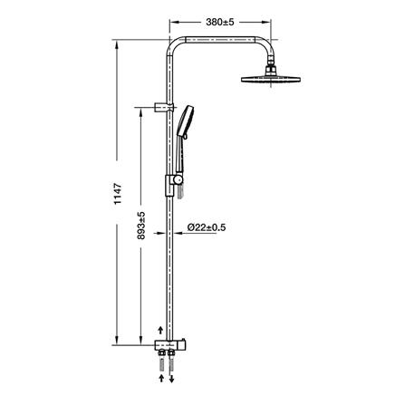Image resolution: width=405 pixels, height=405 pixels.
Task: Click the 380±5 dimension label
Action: pos(220,22)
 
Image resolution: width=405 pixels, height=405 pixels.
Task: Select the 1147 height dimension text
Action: pos(118,194)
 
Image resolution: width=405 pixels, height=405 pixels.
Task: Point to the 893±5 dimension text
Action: pos(141,226)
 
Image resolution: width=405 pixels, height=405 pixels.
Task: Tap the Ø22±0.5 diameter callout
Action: pos(207,227)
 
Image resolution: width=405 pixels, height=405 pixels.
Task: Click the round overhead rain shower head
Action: pos(271,79)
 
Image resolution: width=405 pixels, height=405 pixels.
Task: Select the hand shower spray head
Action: pos(185,122)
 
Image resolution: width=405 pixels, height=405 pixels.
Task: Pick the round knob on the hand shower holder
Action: pos(178,180)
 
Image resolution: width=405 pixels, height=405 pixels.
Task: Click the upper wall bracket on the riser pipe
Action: pos(164,107)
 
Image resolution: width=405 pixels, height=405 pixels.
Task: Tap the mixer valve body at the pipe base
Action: pos(170,345)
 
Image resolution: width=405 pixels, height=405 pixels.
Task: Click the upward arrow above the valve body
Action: pos(160,330)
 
